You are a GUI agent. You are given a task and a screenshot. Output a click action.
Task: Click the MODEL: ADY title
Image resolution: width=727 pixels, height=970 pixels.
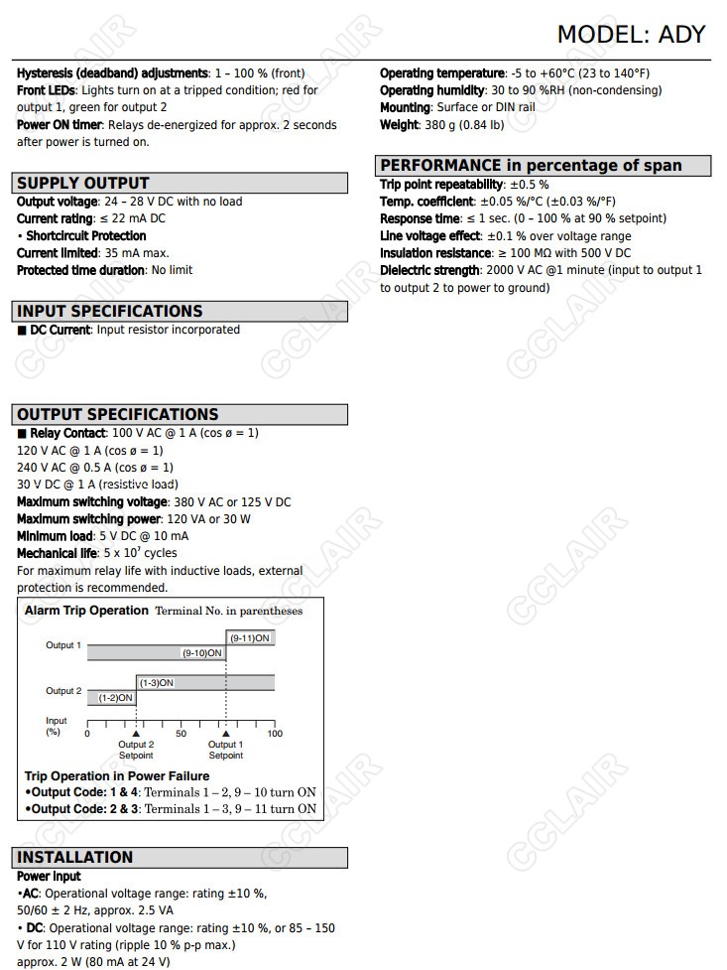[x=631, y=34]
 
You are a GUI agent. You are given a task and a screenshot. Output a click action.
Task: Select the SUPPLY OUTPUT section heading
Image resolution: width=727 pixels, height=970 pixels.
[x=83, y=183]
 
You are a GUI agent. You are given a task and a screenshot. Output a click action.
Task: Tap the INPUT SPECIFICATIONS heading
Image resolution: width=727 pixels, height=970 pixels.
[x=110, y=311]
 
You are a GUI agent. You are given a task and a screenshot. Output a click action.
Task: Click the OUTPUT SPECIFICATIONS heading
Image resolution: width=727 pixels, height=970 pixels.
[x=118, y=414]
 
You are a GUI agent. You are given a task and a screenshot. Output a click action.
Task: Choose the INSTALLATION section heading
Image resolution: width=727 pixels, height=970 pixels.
[x=75, y=857]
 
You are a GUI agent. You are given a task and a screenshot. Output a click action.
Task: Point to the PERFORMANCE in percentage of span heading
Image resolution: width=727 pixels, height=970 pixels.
[x=532, y=165]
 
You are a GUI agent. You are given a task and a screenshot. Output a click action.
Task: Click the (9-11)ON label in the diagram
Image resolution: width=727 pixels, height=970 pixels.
[x=250, y=638]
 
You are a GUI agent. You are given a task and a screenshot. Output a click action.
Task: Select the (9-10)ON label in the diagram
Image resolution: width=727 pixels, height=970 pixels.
[x=202, y=653]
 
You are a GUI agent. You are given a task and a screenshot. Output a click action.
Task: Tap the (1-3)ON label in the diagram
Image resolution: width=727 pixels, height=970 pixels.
[x=157, y=683]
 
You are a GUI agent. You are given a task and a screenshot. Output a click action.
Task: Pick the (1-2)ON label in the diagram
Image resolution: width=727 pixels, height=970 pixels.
[x=115, y=698]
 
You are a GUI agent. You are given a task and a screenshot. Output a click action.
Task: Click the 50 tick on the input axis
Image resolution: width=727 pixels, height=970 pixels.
[x=181, y=734]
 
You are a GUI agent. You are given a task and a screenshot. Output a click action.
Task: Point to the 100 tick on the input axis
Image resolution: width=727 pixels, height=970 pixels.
[x=275, y=734]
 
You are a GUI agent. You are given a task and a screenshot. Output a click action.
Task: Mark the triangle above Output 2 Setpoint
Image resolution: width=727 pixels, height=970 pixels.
[x=136, y=734]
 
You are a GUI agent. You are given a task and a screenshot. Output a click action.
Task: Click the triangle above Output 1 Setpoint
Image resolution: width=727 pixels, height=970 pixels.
[x=225, y=734]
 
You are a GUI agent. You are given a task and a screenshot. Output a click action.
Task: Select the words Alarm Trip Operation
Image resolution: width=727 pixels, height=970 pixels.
[x=86, y=611]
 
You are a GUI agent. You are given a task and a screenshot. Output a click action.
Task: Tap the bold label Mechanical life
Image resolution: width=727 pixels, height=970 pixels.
[x=57, y=553]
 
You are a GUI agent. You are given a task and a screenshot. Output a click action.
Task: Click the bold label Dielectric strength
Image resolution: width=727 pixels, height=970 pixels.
[x=430, y=270]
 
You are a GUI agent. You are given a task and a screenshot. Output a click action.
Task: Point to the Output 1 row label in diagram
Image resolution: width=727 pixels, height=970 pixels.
[x=63, y=645]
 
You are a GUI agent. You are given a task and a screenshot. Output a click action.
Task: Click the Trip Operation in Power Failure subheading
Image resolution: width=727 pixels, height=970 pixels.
[x=117, y=775]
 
